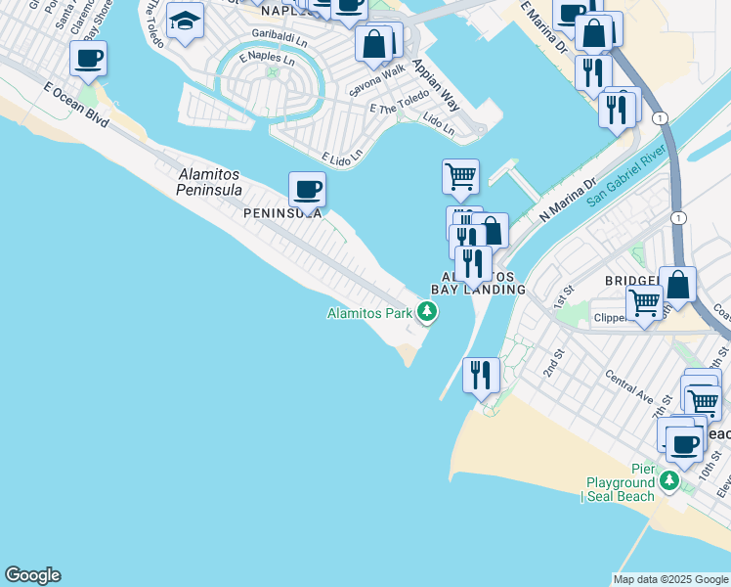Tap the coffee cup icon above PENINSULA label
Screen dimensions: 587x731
point(307,190)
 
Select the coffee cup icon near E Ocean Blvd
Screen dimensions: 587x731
point(88,60)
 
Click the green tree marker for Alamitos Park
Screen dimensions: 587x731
point(426,313)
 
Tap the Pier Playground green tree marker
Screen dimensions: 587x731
point(668,480)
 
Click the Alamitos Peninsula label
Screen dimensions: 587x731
point(209,182)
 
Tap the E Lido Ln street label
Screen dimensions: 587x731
point(342,156)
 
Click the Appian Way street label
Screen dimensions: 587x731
point(437,84)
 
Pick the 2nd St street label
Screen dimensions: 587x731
point(554,366)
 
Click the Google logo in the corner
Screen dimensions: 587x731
point(32,575)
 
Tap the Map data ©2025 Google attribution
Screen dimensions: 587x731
point(670,579)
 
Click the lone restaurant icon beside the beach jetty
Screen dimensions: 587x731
point(481,376)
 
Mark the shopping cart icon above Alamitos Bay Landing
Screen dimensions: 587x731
point(460,178)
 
